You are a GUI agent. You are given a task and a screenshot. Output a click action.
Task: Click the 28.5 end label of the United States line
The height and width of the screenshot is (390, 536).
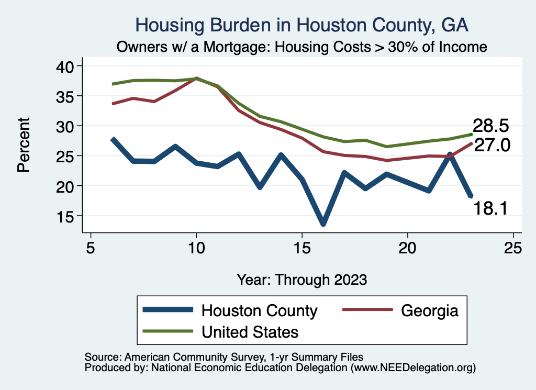(x=491, y=126)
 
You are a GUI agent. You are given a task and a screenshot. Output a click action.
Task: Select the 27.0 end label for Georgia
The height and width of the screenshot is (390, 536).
(x=492, y=145)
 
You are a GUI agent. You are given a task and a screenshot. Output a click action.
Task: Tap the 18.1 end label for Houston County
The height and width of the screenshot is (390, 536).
(x=490, y=208)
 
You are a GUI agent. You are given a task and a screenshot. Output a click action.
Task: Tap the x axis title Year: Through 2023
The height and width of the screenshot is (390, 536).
(x=301, y=279)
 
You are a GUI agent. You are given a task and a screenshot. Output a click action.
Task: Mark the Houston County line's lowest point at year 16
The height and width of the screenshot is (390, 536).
(x=323, y=224)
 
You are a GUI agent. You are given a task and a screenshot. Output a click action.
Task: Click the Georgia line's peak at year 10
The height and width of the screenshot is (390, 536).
(x=196, y=79)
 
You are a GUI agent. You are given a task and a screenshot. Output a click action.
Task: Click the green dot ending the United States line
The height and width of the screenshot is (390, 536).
(x=472, y=135)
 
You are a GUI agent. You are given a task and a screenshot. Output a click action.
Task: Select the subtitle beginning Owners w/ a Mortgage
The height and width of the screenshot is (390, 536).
(x=302, y=47)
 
